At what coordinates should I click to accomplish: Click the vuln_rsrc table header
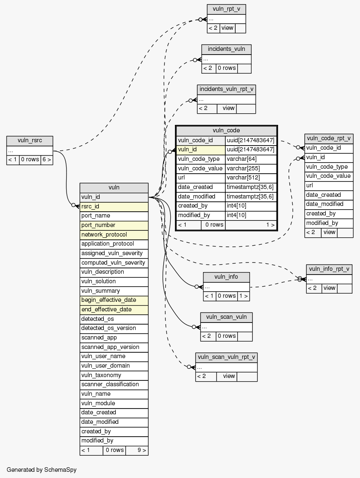(30, 141)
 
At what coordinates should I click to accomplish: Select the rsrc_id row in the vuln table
(114, 206)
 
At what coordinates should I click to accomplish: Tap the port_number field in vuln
(114, 225)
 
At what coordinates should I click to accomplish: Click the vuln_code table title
(226, 131)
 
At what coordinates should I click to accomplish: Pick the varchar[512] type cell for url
(251, 177)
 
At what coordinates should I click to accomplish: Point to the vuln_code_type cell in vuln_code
(201, 159)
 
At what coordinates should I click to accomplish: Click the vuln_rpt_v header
(226, 9)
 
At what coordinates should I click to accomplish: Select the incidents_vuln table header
(226, 49)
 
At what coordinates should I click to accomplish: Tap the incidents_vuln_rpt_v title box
(226, 89)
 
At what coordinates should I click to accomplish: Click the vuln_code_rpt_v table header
(329, 138)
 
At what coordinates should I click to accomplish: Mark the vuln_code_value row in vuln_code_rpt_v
(329, 176)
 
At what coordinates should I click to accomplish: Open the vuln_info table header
(226, 277)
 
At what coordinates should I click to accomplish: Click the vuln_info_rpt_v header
(329, 269)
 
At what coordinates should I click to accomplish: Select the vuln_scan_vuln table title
(226, 317)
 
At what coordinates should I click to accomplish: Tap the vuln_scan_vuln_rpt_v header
(226, 357)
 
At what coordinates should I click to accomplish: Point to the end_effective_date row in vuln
(114, 309)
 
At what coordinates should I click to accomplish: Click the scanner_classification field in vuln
(114, 384)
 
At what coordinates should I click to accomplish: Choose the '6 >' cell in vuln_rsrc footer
(47, 160)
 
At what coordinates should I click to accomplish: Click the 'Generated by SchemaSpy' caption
(41, 470)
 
